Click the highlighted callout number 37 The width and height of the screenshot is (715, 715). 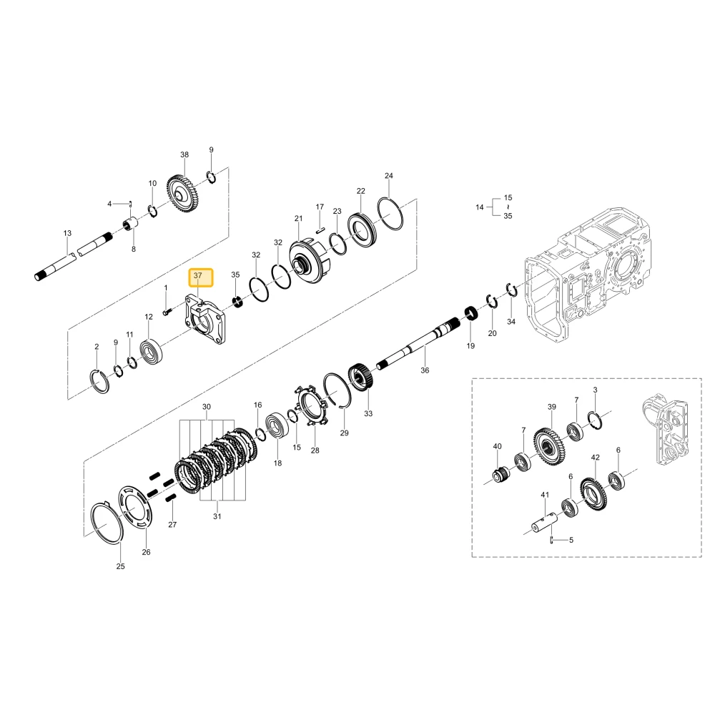(197, 276)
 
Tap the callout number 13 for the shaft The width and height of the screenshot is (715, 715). (67, 233)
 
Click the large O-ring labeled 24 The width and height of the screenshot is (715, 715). (390, 213)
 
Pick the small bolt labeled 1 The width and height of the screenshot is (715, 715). (167, 312)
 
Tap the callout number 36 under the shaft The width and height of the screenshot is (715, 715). (425, 370)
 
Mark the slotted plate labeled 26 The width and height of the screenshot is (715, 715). (136, 507)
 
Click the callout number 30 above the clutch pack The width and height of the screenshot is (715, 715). (207, 407)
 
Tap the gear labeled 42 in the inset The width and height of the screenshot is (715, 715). (593, 494)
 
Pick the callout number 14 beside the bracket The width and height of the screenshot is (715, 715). (479, 207)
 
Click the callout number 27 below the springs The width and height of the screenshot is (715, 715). (172, 524)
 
